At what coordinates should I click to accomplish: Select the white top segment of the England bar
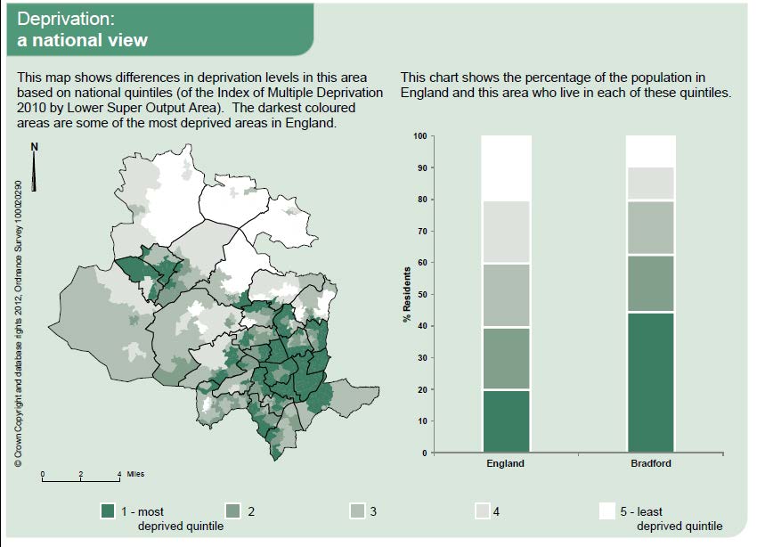[505, 167]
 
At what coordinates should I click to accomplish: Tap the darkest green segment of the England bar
[505, 420]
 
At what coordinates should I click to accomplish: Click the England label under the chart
[505, 464]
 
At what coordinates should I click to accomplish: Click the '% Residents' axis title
[406, 295]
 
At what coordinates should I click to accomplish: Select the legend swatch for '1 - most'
[110, 511]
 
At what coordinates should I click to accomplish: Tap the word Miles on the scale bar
[136, 475]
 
